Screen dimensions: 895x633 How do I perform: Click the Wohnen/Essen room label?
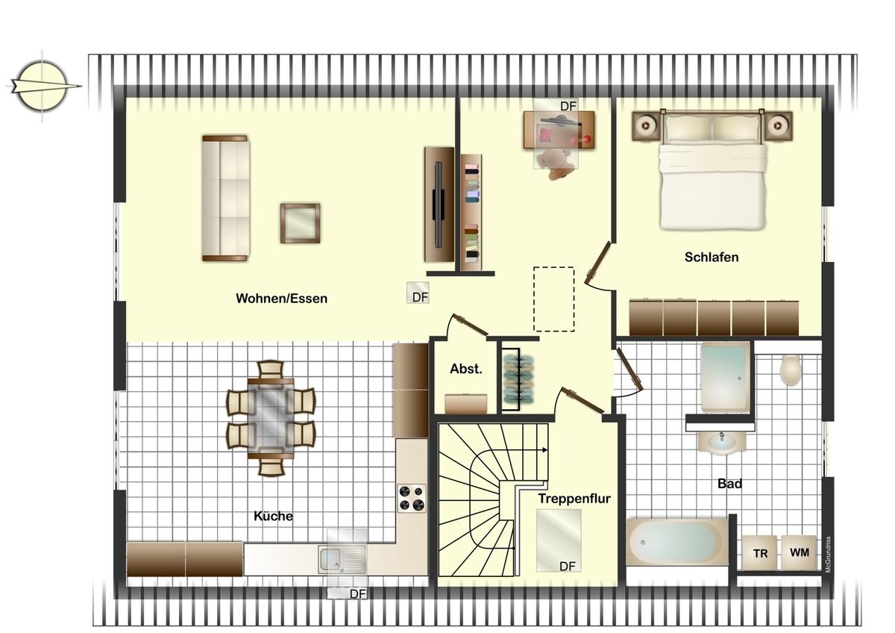point(281,299)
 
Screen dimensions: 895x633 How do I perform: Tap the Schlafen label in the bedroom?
point(712,257)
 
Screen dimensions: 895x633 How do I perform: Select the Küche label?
point(273,516)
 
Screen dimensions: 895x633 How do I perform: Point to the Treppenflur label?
point(574,499)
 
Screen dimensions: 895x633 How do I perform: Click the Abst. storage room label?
point(466,369)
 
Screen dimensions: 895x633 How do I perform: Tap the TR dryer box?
point(760,553)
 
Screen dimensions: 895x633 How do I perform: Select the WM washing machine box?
point(799,552)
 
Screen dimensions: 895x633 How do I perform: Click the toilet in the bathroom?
point(791,370)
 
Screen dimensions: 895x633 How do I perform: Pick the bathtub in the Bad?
point(677,542)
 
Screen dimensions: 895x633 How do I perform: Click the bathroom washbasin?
point(722,443)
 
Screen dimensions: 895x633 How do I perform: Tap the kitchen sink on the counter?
point(342,561)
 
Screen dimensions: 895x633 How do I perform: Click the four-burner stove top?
point(412,498)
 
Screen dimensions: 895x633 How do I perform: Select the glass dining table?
point(271,419)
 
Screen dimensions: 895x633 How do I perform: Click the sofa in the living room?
point(225,199)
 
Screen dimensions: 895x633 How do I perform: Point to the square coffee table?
point(300,223)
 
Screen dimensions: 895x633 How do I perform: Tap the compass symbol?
point(42,86)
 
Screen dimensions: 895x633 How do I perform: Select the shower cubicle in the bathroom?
point(725,378)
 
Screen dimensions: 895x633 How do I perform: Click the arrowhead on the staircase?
point(545,450)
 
